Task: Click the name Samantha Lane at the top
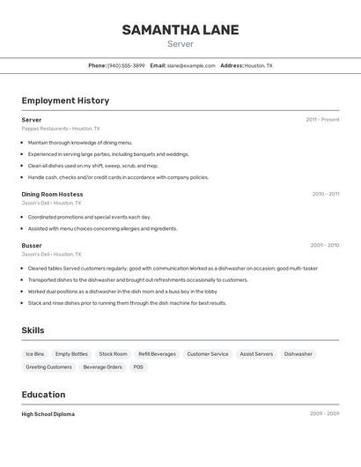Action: pos(180,30)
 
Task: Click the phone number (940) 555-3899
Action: pos(126,65)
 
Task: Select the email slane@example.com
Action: pos(191,65)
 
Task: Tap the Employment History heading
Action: pos(65,100)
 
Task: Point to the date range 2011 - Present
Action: pos(322,119)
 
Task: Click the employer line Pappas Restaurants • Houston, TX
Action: pos(61,128)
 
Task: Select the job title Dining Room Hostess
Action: pos(52,194)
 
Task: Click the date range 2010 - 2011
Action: pos(325,194)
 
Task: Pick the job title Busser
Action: pos(32,245)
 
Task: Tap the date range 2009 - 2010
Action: pos(324,245)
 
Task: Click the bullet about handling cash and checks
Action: pos(118,177)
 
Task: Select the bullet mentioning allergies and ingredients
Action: pos(102,228)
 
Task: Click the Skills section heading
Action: pos(33,330)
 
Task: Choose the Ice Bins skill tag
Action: pos(35,354)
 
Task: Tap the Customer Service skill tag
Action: pos(208,354)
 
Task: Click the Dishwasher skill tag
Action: pos(298,354)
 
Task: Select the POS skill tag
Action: pos(138,367)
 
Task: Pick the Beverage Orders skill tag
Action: pos(103,367)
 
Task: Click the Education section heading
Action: pos(43,395)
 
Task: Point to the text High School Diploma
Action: pos(48,414)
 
